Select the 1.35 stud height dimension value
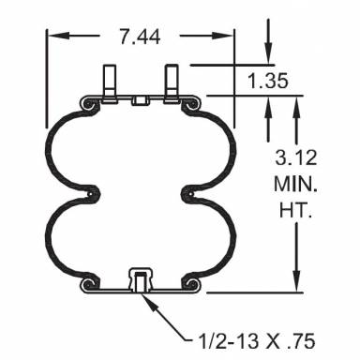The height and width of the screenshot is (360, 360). [x=267, y=81]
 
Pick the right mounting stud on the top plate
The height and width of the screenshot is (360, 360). [x=172, y=80]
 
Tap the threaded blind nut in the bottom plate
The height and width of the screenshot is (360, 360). [x=140, y=278]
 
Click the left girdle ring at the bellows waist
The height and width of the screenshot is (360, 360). [x=92, y=193]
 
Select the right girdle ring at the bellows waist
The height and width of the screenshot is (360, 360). [x=187, y=193]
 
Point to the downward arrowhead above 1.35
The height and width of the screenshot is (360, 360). [x=269, y=58]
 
